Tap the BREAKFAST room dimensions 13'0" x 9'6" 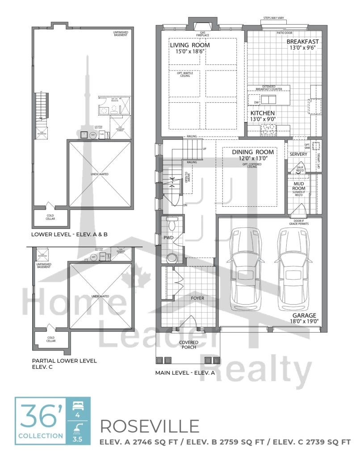(302, 48)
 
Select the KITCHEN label (262, 113)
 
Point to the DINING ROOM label (253, 152)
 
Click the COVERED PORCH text (189, 345)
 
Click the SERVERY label (298, 154)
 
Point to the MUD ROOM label (298, 186)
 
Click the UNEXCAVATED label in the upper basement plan (100, 174)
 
